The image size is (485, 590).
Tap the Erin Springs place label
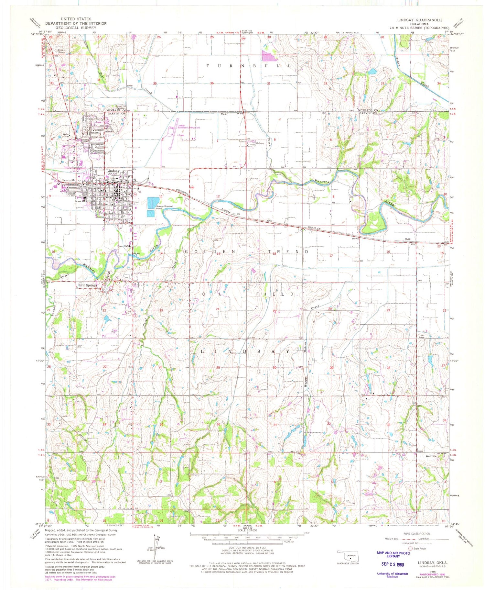point(88,285)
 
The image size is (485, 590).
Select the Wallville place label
point(431,456)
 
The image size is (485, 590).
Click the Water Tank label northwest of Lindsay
point(66,135)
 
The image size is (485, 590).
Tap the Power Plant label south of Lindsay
point(124,246)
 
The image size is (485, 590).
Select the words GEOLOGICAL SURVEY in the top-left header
point(76,28)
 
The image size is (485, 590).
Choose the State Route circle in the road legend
point(411,548)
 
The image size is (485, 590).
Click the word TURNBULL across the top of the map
point(249,66)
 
